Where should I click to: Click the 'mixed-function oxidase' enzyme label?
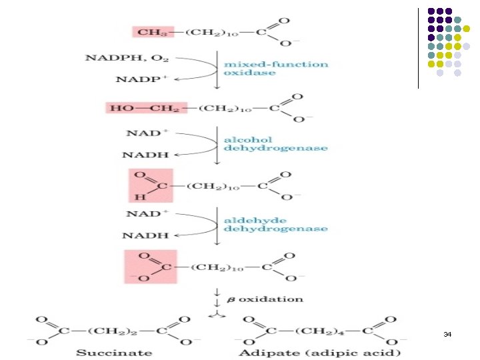(x=276, y=68)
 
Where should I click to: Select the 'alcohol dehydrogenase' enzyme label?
(x=276, y=144)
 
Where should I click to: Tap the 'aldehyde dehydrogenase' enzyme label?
(x=276, y=225)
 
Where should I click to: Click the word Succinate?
(x=114, y=353)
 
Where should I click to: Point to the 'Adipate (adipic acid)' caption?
(x=319, y=353)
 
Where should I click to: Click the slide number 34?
(x=447, y=334)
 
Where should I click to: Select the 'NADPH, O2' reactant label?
(x=127, y=58)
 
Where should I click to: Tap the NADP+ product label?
(x=141, y=79)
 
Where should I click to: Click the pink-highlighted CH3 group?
(x=153, y=32)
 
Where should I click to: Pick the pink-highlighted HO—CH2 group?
(x=146, y=108)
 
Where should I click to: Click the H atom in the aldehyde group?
(x=140, y=197)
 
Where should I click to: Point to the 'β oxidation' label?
(x=265, y=299)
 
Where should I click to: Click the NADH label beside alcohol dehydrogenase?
(x=145, y=155)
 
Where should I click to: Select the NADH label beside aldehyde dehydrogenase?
(x=145, y=235)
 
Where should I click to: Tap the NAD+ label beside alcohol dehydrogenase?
(x=147, y=133)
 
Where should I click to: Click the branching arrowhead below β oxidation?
(x=217, y=315)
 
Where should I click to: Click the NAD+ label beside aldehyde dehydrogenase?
(x=147, y=213)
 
